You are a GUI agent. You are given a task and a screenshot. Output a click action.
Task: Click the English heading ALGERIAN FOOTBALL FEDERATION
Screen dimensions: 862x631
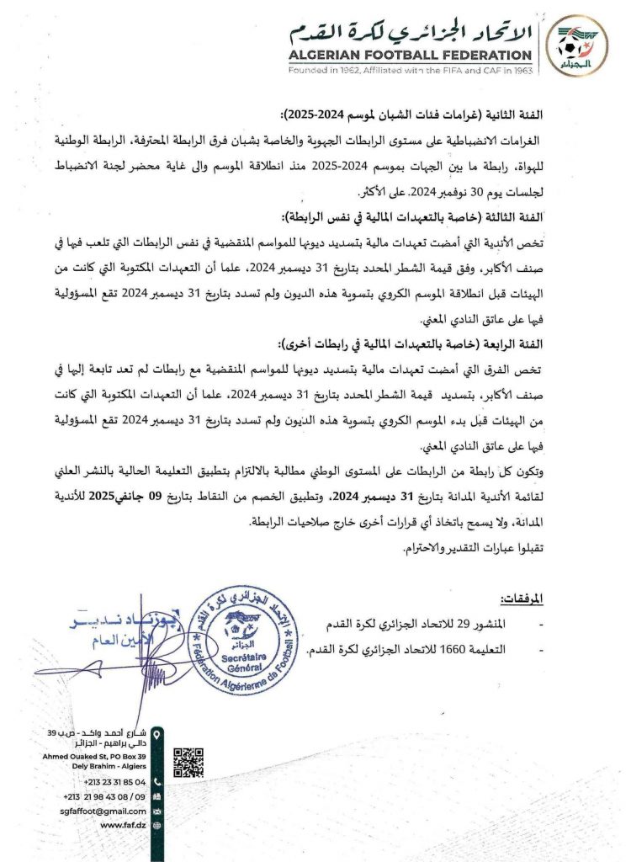[x=410, y=55]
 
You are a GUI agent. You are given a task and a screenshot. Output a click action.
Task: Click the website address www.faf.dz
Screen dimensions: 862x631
[x=124, y=826]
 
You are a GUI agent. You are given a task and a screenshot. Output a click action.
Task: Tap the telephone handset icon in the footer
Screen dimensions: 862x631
[x=158, y=781]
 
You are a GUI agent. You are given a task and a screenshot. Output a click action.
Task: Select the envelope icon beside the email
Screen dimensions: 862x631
[x=158, y=811]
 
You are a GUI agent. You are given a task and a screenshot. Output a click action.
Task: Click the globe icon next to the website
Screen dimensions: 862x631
[x=158, y=826]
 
